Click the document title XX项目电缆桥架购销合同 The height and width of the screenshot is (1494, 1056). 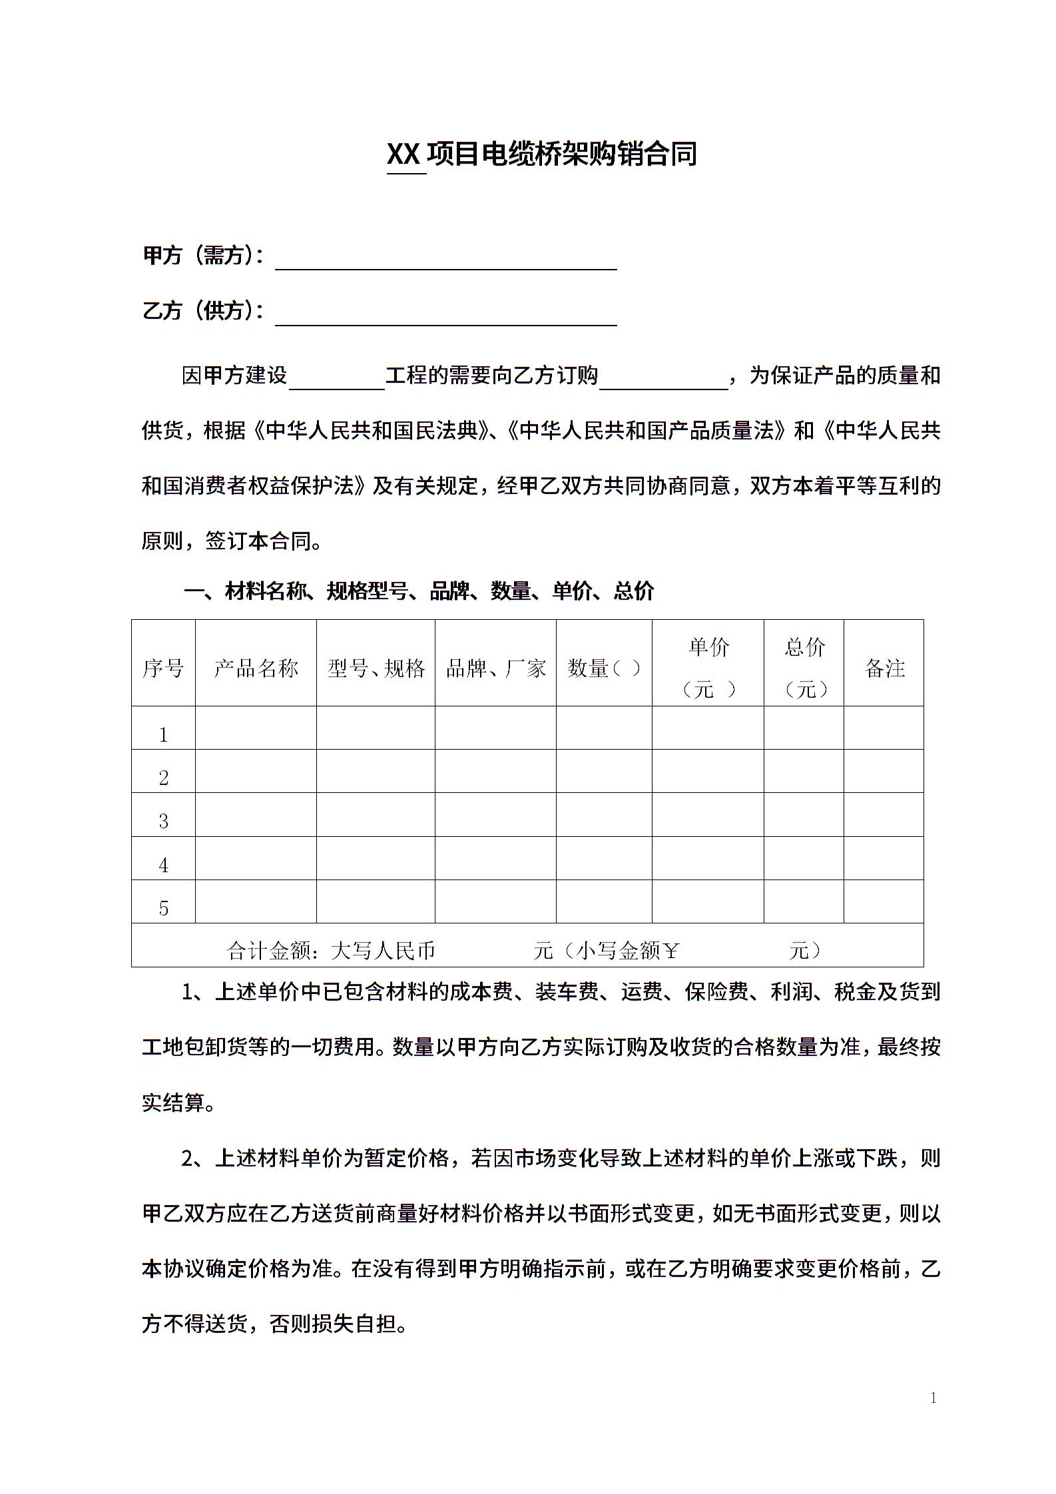pyautogui.click(x=541, y=154)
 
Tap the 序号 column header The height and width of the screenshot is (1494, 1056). pyautogui.click(x=163, y=668)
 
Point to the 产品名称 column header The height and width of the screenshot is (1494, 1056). pyautogui.click(x=256, y=668)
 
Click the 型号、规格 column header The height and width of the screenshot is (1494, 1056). pyautogui.click(x=376, y=668)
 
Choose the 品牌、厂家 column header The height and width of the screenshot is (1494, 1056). pyautogui.click(x=495, y=668)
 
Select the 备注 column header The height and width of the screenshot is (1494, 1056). pyautogui.click(x=884, y=668)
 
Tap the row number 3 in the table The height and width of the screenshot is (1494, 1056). pyautogui.click(x=164, y=821)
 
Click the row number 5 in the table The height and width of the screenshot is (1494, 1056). pyautogui.click(x=164, y=907)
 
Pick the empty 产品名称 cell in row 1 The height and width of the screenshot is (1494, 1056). pyautogui.click(x=256, y=728)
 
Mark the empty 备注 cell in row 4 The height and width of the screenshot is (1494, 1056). pyautogui.click(x=884, y=859)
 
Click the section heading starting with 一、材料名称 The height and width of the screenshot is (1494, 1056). pyautogui.click(x=419, y=591)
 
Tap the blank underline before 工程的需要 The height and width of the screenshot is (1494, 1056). pyautogui.click(x=338, y=379)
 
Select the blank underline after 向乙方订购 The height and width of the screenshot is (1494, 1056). pyautogui.click(x=664, y=379)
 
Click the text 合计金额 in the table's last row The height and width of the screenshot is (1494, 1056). pyautogui.click(x=268, y=951)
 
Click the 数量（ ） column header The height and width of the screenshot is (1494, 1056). pyautogui.click(x=604, y=668)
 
